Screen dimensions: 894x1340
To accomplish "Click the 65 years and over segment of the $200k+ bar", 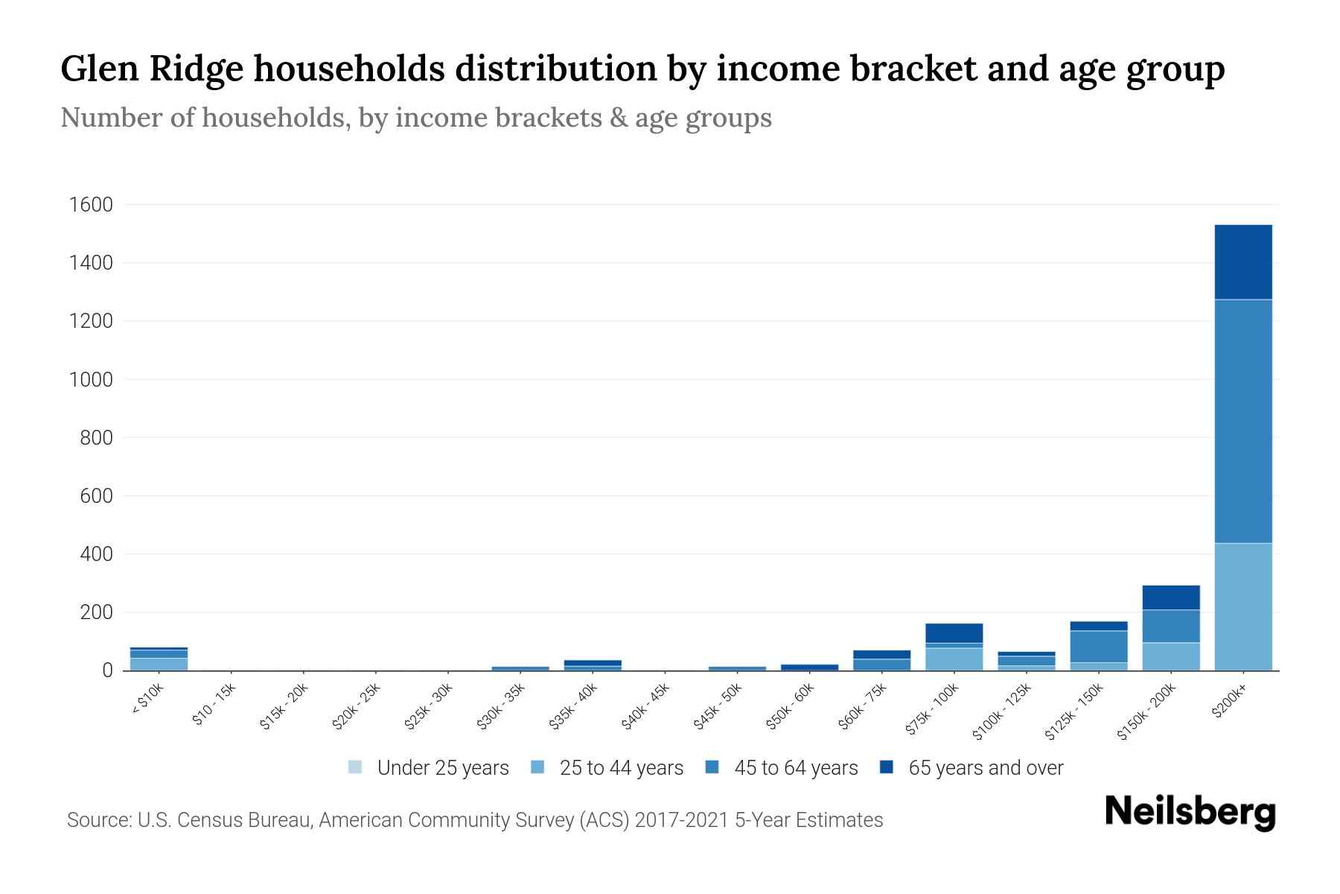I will (1242, 261).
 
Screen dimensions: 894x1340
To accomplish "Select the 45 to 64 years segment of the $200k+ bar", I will (1242, 421).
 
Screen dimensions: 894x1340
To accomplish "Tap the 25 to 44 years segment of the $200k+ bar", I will (1242, 606).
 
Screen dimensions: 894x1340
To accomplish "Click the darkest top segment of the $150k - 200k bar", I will (1170, 597).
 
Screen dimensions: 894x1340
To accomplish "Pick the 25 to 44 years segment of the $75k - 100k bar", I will (954, 659).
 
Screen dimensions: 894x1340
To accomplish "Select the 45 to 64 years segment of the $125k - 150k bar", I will (1098, 646).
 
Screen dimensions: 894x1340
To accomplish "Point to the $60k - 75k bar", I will (881, 661).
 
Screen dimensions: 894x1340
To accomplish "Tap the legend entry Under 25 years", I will (428, 767).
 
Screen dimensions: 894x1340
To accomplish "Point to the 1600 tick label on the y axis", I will (90, 205).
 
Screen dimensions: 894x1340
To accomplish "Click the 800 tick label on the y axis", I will (96, 438).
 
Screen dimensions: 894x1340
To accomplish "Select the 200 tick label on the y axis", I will (96, 612).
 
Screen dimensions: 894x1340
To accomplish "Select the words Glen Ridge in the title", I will (152, 69).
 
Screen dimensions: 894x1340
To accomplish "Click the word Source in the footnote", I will (98, 820).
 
